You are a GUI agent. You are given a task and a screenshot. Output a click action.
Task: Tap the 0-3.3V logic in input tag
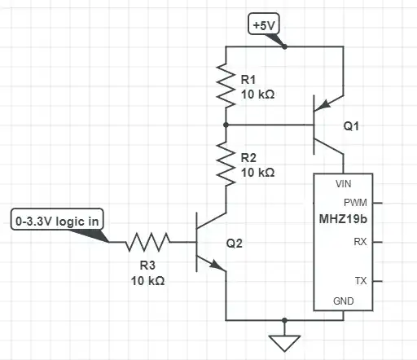58,220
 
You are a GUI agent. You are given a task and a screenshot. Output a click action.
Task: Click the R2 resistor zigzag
226,160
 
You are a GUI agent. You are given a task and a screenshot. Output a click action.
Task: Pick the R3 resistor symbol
148,241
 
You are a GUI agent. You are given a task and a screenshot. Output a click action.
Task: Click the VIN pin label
332,184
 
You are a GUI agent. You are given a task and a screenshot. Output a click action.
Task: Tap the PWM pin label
355,202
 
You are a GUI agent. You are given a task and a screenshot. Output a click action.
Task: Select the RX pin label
360,242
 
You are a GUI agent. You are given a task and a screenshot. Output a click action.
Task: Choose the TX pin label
360,281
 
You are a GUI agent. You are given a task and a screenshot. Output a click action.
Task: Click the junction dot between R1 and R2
226,125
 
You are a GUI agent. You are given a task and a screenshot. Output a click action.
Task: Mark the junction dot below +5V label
283,46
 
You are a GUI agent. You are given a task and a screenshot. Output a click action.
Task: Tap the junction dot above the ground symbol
283,319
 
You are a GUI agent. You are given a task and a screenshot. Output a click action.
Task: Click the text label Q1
351,127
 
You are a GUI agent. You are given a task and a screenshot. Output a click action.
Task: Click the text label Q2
235,243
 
